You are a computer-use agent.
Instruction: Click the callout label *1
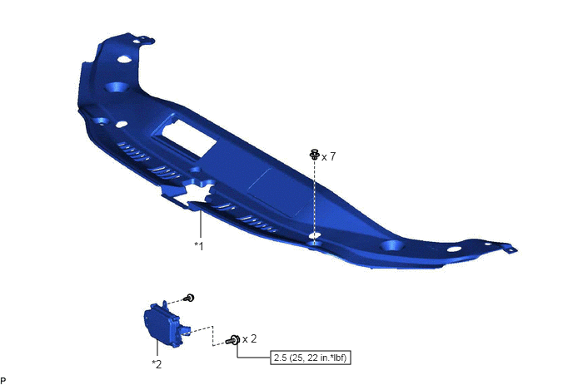pyautogui.click(x=199, y=246)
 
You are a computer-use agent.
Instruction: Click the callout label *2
pyautogui.click(x=157, y=364)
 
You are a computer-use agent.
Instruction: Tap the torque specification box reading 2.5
pyautogui.click(x=311, y=358)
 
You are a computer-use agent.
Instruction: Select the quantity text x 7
pyautogui.click(x=328, y=156)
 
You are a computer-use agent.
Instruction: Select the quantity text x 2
pyautogui.click(x=249, y=339)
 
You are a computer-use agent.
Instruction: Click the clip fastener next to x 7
pyautogui.click(x=314, y=155)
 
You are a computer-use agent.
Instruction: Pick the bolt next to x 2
pyautogui.click(x=233, y=340)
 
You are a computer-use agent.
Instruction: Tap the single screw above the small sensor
pyautogui.click(x=189, y=298)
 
